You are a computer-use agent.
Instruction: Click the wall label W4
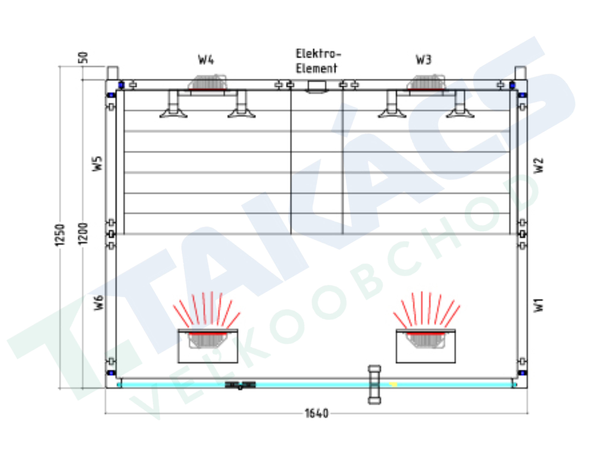(x=206, y=60)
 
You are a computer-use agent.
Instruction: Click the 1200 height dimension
(x=83, y=233)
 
